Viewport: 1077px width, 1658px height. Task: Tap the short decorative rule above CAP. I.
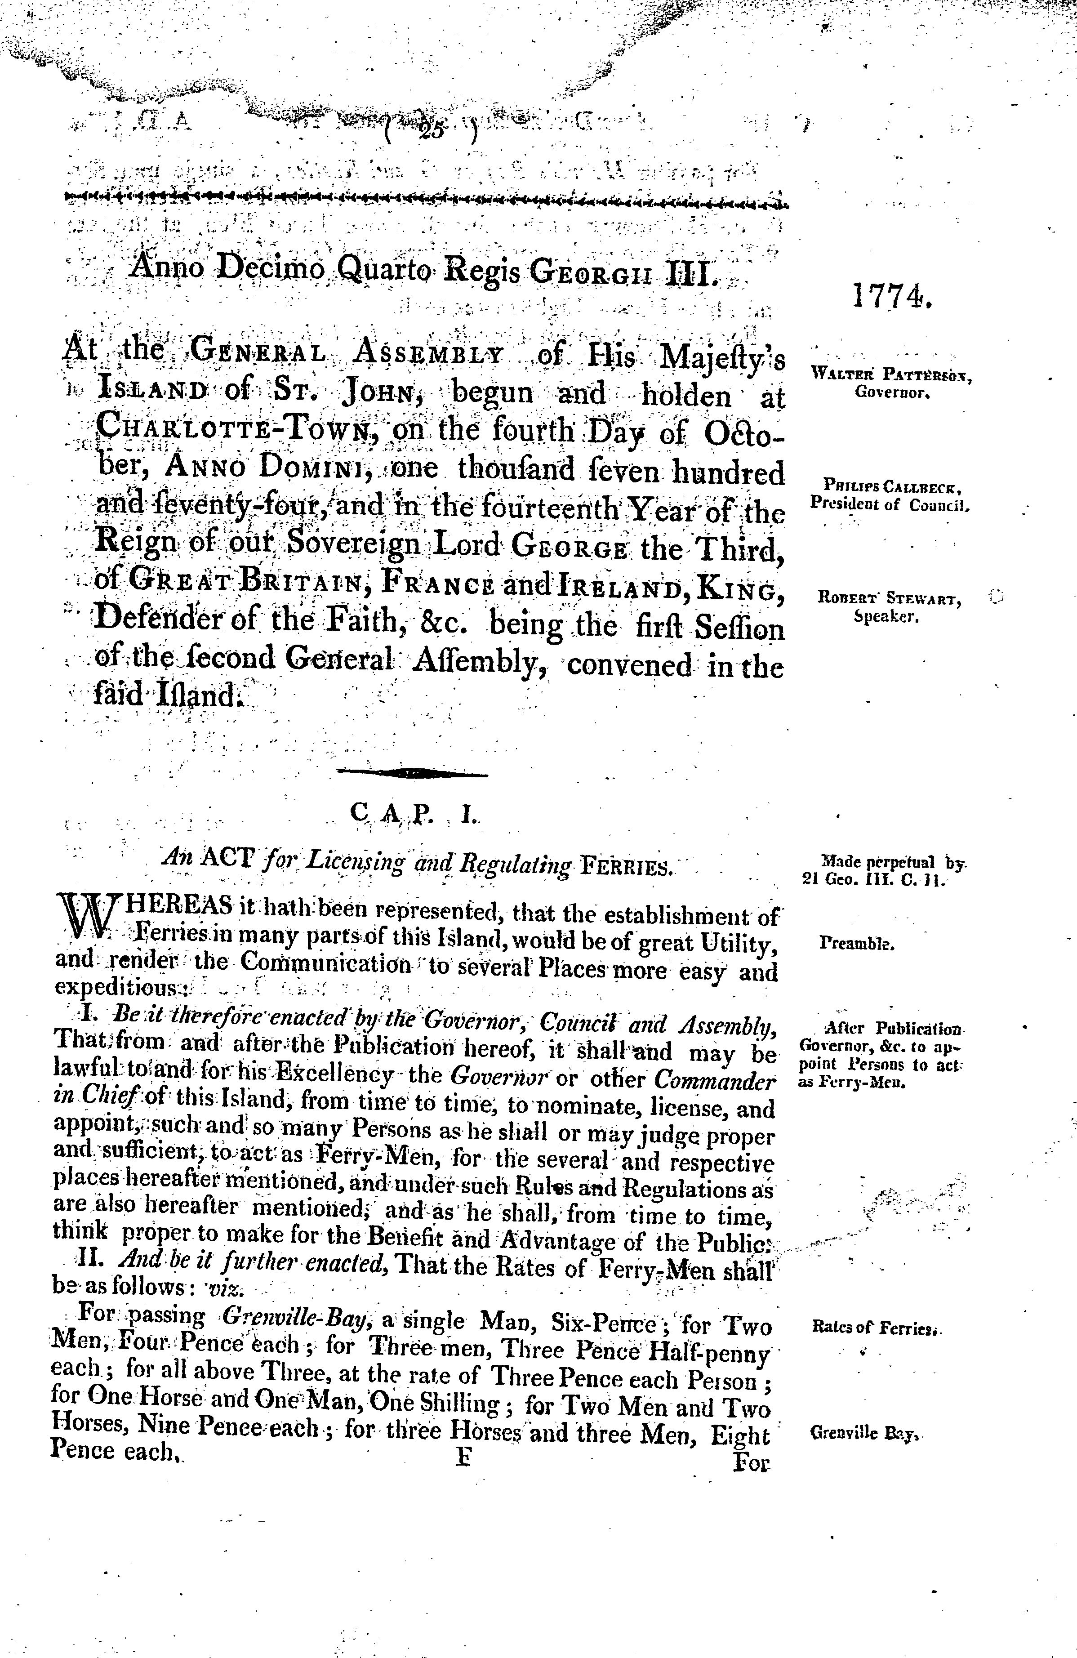[x=412, y=772]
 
